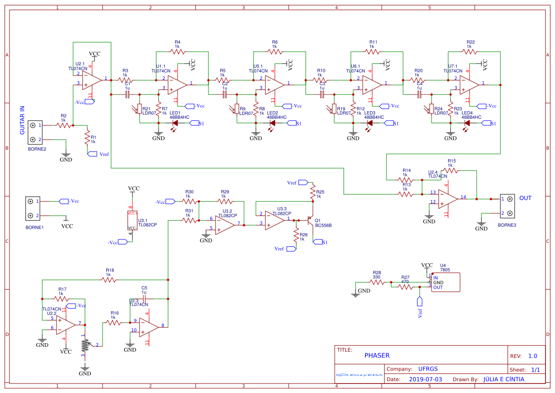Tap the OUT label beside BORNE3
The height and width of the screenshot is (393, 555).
tap(525, 198)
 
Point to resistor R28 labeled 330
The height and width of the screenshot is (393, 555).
tap(376, 282)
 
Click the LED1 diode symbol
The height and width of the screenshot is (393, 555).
tap(175, 123)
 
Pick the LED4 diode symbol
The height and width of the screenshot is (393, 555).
tap(467, 123)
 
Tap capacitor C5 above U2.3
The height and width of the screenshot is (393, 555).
tap(144, 298)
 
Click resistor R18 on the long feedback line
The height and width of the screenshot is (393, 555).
tap(109, 280)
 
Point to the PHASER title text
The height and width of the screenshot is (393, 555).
tap(377, 355)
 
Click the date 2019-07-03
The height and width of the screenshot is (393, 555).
tap(425, 379)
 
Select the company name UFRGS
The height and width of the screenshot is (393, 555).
tap(428, 369)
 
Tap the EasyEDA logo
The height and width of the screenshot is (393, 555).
tap(359, 374)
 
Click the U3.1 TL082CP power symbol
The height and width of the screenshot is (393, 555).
tap(132, 220)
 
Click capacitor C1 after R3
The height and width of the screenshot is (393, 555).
tap(127, 95)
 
